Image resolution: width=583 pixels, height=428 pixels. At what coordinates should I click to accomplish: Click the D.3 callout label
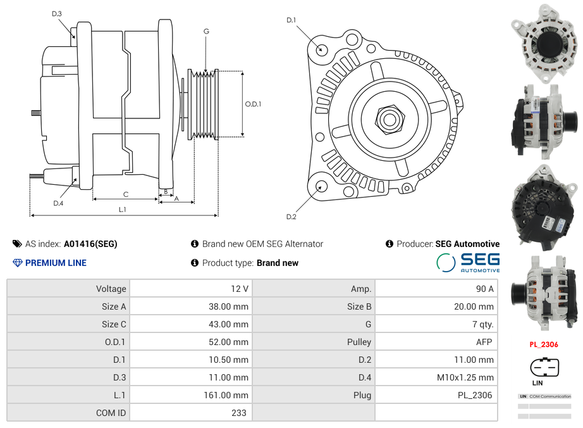click(57, 13)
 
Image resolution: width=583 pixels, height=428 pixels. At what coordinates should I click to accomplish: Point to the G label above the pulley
click(206, 32)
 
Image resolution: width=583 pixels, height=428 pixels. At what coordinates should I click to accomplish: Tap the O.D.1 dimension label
click(253, 104)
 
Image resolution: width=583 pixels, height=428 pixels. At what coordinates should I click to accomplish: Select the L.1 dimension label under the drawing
click(123, 209)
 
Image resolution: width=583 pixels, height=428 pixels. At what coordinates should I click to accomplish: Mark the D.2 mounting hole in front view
click(321, 186)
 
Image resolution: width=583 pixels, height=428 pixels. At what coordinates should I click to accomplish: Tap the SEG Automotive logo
click(469, 262)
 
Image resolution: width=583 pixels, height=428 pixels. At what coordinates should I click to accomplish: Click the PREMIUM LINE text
click(56, 263)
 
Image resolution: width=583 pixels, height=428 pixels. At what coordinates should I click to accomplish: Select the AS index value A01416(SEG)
click(90, 244)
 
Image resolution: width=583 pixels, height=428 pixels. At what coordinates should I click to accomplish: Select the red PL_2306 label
click(544, 344)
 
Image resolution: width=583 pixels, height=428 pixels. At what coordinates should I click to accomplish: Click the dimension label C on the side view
click(126, 194)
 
